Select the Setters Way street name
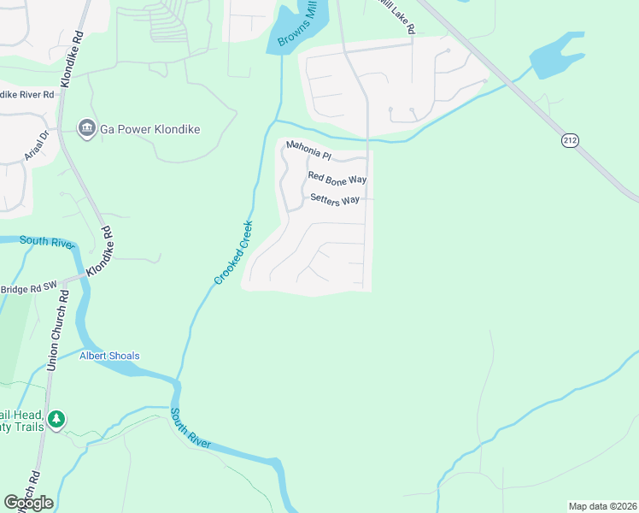coord(335,199)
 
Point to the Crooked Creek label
coord(233,252)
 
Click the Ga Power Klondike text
coord(150,129)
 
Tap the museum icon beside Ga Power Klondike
coord(86,129)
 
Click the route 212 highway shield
coord(571,139)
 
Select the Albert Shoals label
coord(109,356)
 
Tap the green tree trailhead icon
coord(56,419)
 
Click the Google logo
coord(28,502)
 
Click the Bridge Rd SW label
coord(27,290)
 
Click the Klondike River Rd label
coord(26,93)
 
